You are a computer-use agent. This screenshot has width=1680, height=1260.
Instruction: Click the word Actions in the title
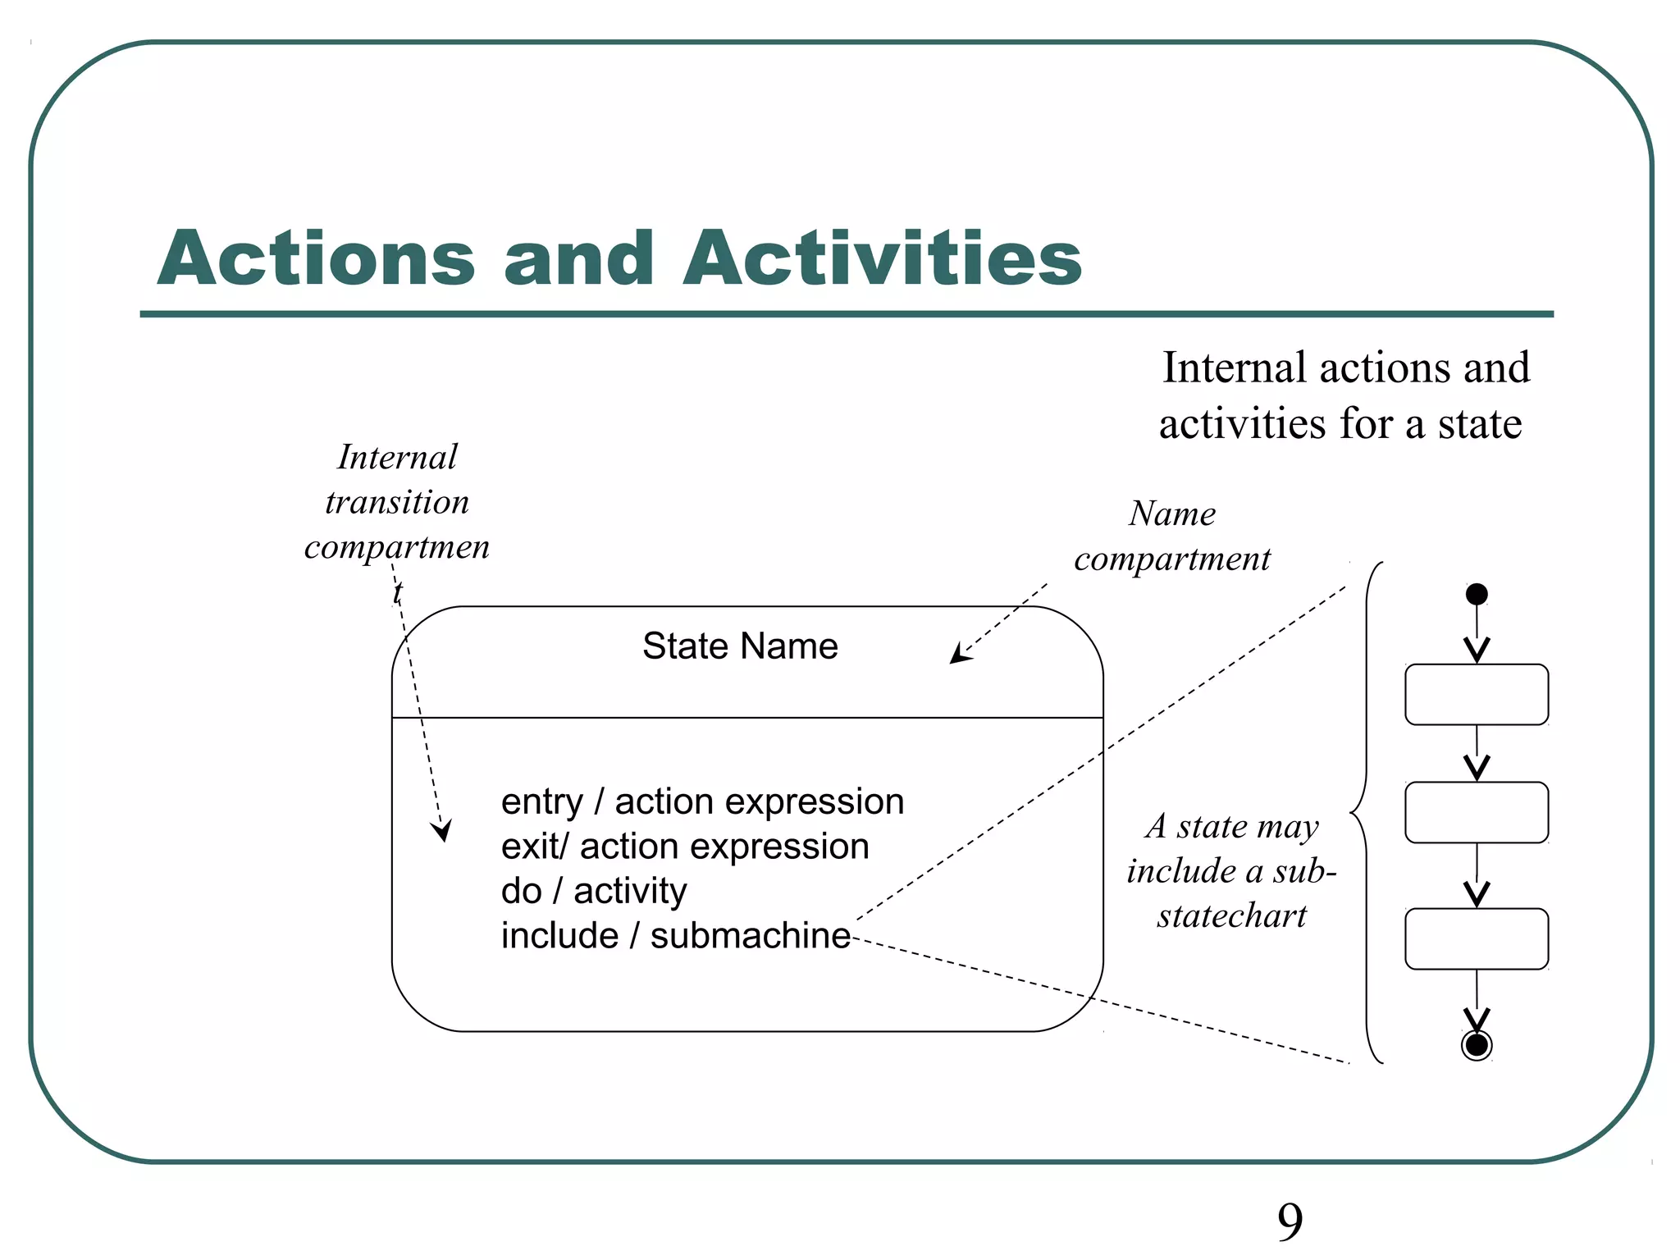(x=317, y=258)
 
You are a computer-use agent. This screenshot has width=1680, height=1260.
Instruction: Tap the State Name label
(x=740, y=646)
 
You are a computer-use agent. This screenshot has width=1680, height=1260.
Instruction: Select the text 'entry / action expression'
(x=702, y=801)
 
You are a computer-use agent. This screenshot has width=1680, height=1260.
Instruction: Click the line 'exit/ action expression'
(x=685, y=847)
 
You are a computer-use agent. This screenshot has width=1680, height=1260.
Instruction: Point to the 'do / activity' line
(x=594, y=891)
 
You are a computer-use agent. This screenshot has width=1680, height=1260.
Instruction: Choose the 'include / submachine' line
(x=675, y=936)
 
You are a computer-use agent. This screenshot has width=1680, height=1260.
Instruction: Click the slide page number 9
(x=1290, y=1222)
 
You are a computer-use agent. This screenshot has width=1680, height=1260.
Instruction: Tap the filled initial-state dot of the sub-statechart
(x=1477, y=594)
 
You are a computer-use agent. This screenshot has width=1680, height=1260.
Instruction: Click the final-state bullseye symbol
(x=1477, y=1045)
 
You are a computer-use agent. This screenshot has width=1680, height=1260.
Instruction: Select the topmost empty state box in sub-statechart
(x=1477, y=695)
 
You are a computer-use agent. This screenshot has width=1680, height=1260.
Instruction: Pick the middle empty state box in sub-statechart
(x=1477, y=813)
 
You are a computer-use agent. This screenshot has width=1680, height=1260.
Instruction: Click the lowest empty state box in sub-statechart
(x=1477, y=939)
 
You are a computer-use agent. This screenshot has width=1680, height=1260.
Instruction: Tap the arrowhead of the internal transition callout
(x=443, y=832)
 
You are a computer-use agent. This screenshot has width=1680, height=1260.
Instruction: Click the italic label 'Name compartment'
(x=1172, y=536)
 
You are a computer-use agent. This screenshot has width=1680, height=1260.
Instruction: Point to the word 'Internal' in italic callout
(x=397, y=458)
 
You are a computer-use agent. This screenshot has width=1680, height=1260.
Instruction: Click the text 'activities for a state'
(x=1340, y=424)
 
